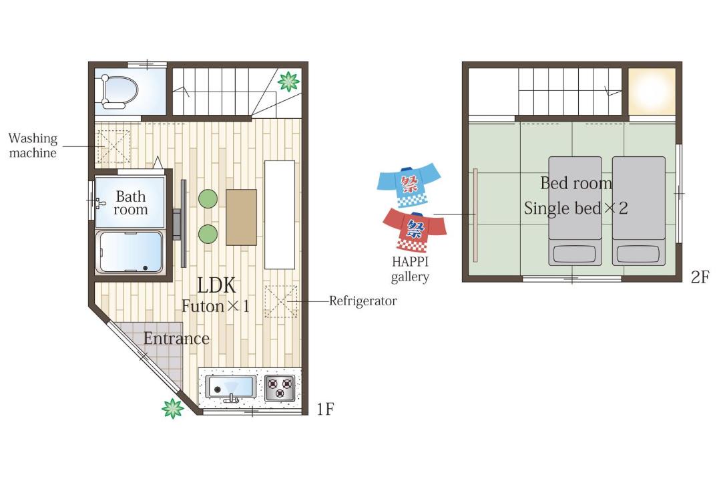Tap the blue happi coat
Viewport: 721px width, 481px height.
tap(409, 184)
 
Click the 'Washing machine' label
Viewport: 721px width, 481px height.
tap(33, 146)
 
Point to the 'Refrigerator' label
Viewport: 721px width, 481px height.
tap(363, 301)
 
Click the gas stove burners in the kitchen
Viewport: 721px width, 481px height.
tap(280, 388)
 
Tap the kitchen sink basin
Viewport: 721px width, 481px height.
tap(230, 387)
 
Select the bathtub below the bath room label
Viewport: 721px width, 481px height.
tap(130, 253)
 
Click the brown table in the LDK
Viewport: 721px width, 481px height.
tap(242, 217)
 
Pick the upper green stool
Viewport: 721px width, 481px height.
tap(208, 199)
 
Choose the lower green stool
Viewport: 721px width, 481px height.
tap(208, 234)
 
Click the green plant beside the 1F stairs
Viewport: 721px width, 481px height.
tap(289, 82)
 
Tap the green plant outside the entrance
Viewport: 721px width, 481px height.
tap(173, 408)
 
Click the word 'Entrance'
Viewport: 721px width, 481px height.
tap(176, 339)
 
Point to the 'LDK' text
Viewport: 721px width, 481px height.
tap(216, 285)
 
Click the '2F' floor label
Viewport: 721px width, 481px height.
tap(700, 277)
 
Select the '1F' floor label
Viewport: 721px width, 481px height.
tap(325, 409)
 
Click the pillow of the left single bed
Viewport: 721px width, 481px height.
tap(575, 254)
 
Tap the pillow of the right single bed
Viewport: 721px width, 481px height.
tap(638, 254)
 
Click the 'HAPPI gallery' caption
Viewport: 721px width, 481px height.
tap(410, 269)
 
